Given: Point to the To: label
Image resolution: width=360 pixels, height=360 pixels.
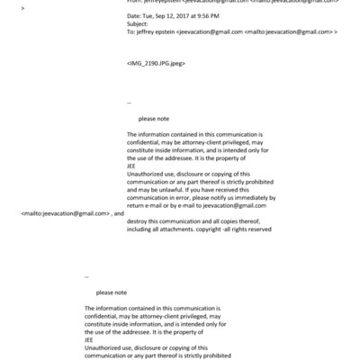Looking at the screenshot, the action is coord(131,31).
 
